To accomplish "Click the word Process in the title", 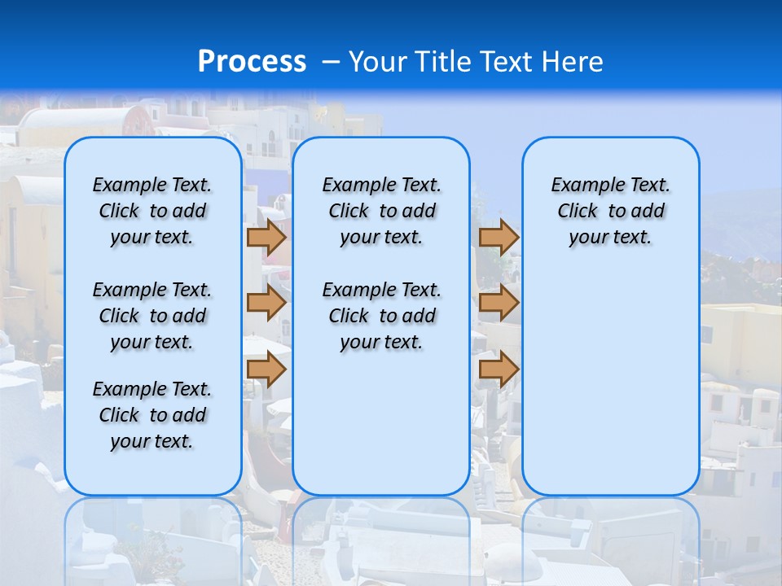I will coord(252,61).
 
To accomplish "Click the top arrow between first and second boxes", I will coord(266,238).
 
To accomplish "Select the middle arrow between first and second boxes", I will coord(266,303).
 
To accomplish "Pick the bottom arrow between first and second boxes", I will coord(266,369).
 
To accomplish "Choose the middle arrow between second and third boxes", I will coord(499,303).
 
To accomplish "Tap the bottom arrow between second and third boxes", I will coord(499,369).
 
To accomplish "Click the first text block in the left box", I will coord(152,211).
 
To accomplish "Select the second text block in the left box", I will coord(152,316).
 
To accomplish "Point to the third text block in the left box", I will coord(152,415).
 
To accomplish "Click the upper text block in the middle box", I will coord(381,211).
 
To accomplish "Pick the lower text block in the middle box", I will coord(381,316).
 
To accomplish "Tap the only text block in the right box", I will coord(610,211).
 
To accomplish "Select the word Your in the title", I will coord(377,61).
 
